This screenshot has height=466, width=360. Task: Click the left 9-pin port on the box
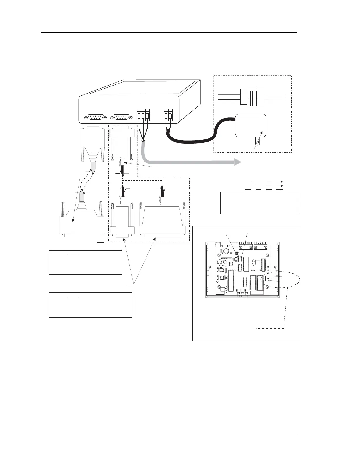pos(93,117)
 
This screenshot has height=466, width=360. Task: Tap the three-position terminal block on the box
pos(143,115)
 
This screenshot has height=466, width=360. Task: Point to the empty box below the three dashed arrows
pos(260,203)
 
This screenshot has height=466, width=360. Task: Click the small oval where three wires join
pos(143,141)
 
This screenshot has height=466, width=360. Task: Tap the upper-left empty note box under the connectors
pos(85,262)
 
